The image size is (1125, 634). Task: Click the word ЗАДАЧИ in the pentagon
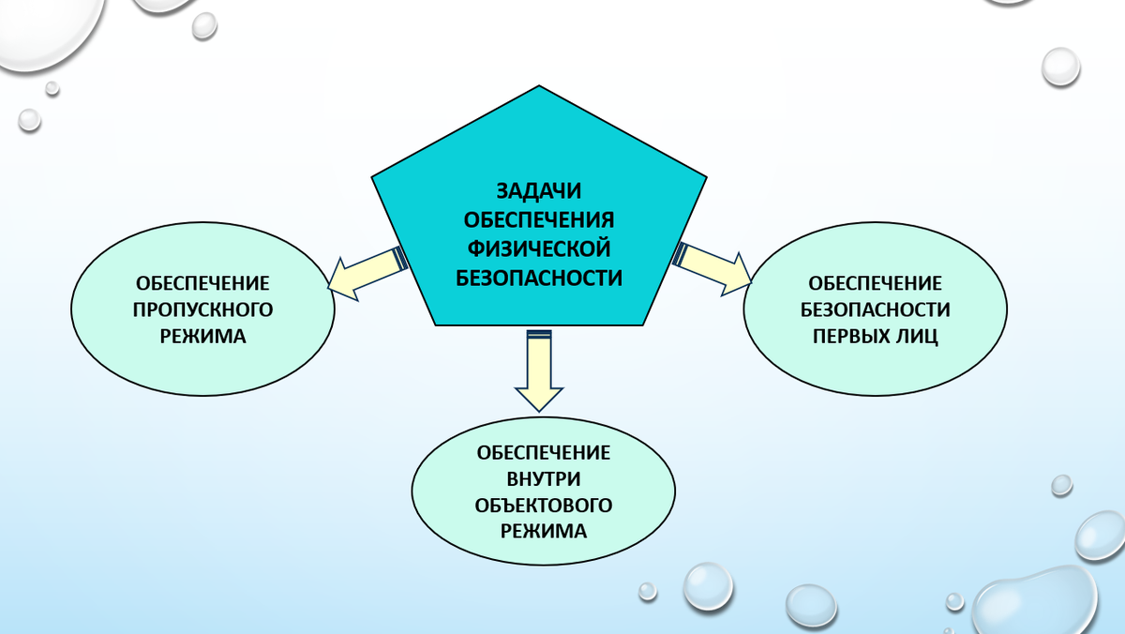538,191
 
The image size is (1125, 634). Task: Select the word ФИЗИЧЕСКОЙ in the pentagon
538,249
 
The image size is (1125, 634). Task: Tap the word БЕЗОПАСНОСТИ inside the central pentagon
538,278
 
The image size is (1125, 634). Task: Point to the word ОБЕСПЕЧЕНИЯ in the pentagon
538,220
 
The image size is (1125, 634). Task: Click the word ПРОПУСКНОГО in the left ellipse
203,309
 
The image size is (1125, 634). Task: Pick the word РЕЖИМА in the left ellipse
203,336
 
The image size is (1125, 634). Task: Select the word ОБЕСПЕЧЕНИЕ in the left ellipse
203,281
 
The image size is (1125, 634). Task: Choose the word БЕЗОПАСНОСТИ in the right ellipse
876,309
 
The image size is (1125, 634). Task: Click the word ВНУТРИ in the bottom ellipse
544,479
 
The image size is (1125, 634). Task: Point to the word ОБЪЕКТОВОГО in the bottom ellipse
544,506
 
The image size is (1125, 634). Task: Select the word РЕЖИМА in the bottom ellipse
544,532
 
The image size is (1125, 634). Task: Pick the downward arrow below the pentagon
539,370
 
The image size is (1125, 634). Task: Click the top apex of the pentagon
539,87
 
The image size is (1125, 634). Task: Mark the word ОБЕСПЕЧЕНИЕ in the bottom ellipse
544,453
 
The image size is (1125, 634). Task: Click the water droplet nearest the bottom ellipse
707,585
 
